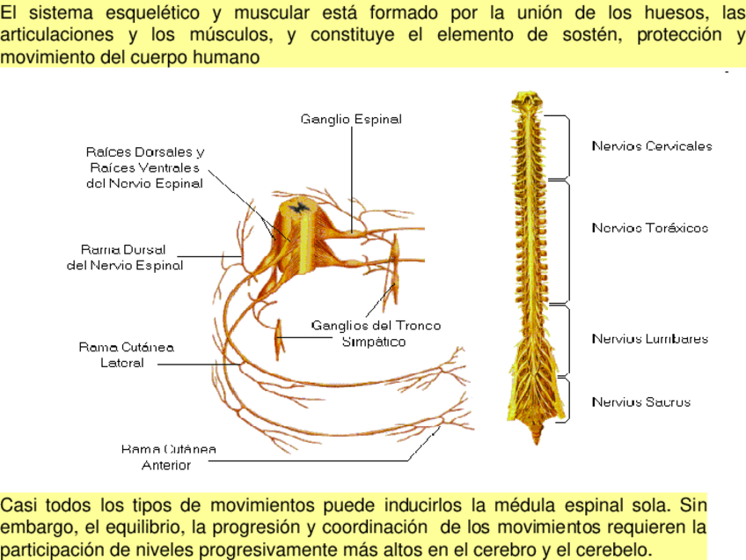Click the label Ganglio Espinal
point(350,119)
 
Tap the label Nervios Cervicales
point(652,146)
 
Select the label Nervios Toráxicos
point(650,228)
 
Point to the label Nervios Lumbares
point(650,339)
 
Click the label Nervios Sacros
point(641,402)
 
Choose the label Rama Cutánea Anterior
point(168,457)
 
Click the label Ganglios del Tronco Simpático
point(376,333)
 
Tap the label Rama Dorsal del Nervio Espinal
point(125,257)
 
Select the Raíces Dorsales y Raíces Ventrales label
point(144,167)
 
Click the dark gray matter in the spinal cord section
point(301,208)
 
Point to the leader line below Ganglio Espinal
point(351,176)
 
